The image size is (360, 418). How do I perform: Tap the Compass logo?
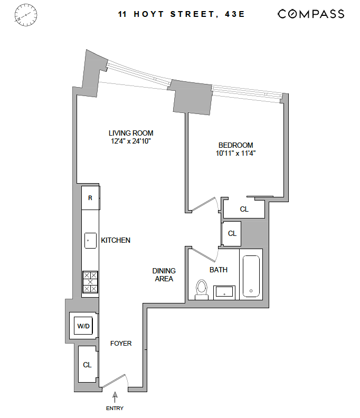coord(311,14)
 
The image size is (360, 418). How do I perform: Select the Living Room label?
coord(131,134)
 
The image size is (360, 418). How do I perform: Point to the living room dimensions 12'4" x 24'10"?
coord(131,141)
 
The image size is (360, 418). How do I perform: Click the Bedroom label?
coord(235,145)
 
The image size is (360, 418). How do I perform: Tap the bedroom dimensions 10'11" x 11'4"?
coord(235,154)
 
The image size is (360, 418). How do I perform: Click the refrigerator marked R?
coord(90,198)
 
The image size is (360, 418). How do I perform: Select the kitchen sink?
coord(90,240)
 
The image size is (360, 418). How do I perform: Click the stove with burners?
coord(90,282)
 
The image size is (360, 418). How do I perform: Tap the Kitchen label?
coord(116,240)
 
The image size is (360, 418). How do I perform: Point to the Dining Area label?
coord(164,274)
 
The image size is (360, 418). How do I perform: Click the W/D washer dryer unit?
coord(83,326)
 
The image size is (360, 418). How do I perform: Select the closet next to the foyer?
coord(87,364)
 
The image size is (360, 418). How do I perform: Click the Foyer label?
coord(121,344)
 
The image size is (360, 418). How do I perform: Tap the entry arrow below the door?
coord(115,397)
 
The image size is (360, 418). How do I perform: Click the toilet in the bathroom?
coord(201,289)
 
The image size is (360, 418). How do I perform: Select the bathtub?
coord(250,278)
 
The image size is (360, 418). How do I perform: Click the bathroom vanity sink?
coord(225,291)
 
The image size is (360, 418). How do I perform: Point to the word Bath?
coord(219,270)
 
